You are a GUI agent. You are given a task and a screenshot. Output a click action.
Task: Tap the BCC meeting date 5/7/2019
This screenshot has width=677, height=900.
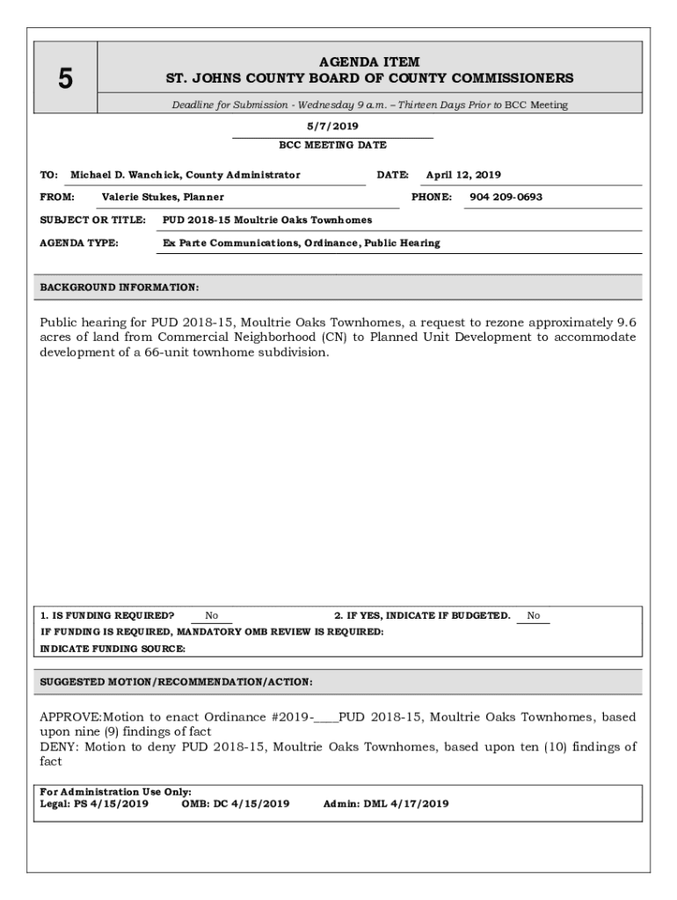pyautogui.click(x=332, y=127)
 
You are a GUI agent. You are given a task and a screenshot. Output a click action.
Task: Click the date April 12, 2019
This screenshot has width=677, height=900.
pyautogui.click(x=463, y=175)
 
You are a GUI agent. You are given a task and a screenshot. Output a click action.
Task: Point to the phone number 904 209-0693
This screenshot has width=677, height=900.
pyautogui.click(x=506, y=197)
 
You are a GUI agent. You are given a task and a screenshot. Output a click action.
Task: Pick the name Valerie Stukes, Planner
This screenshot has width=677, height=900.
pyautogui.click(x=163, y=197)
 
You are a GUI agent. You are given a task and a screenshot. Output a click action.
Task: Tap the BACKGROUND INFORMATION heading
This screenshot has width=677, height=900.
pyautogui.click(x=120, y=287)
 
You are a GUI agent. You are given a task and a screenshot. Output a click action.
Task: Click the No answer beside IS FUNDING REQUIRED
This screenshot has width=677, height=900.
pyautogui.click(x=212, y=616)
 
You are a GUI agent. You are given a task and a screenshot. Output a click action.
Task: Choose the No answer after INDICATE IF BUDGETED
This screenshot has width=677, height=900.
pyautogui.click(x=534, y=616)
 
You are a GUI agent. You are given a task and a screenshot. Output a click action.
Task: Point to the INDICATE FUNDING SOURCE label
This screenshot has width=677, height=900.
pyautogui.click(x=113, y=649)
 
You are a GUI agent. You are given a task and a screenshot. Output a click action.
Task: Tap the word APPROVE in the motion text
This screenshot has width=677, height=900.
pyautogui.click(x=71, y=717)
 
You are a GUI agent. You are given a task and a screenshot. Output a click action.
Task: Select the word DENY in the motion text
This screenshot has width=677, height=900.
pyautogui.click(x=57, y=747)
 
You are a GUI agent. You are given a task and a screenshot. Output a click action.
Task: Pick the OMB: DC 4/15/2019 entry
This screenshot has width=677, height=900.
pyautogui.click(x=235, y=803)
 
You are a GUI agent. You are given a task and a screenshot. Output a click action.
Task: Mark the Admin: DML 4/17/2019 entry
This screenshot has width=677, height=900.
pyautogui.click(x=386, y=803)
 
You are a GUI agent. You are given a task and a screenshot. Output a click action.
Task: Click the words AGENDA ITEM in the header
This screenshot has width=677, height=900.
pyautogui.click(x=369, y=62)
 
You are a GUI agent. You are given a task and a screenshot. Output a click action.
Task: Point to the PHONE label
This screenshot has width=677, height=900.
pyautogui.click(x=431, y=197)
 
